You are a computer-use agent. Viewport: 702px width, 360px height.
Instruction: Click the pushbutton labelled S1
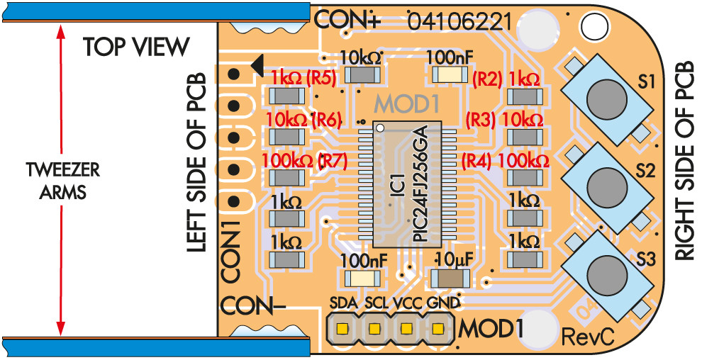coord(606,96)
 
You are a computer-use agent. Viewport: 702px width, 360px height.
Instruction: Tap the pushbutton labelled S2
coord(606,183)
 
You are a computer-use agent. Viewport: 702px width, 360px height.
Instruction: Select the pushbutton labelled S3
coord(606,269)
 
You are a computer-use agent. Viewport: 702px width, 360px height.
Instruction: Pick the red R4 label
coord(477,161)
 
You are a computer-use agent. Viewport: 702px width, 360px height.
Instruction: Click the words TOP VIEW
coord(136,47)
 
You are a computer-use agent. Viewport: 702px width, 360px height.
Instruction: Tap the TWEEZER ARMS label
coord(62,181)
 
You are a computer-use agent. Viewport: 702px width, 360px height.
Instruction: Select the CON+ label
coord(347,19)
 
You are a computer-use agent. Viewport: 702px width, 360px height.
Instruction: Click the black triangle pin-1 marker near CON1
coord(257,64)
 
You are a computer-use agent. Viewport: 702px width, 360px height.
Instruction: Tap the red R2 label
coord(487,78)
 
